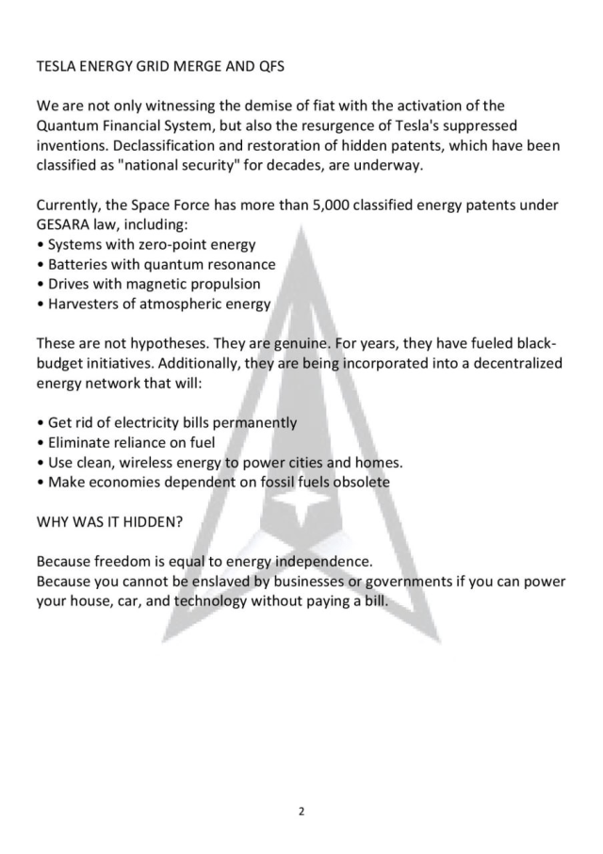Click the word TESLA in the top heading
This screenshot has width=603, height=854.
click(x=56, y=67)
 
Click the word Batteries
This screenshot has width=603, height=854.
click(x=81, y=264)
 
